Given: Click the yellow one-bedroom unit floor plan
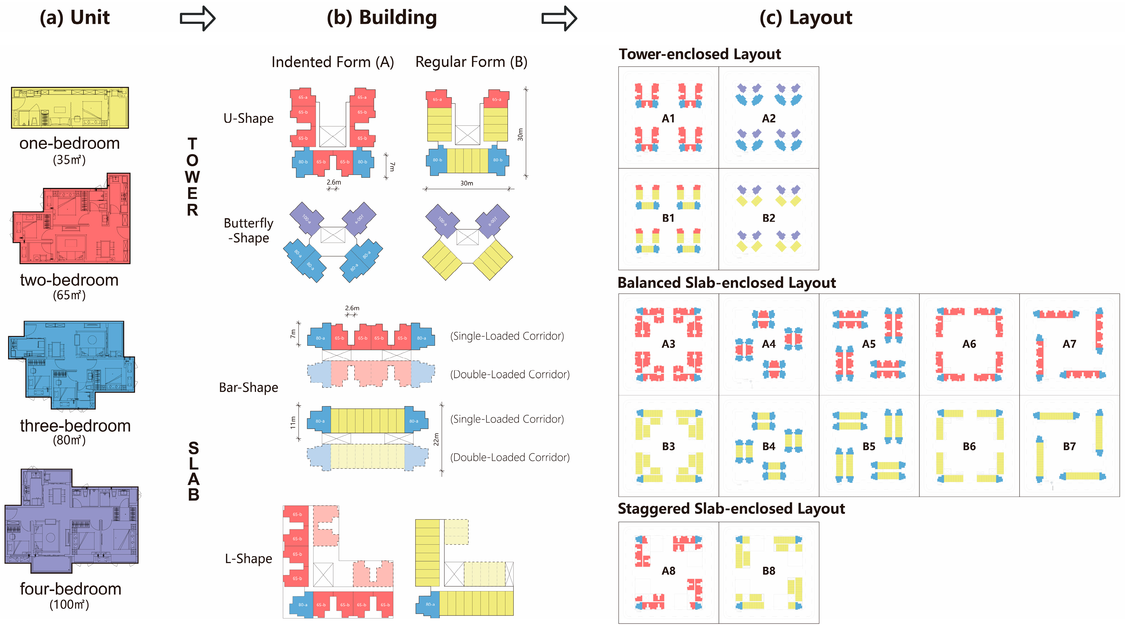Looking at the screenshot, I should tap(70, 107).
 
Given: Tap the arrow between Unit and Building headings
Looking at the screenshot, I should tap(197, 18).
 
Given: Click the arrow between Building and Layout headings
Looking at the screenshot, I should tap(559, 18).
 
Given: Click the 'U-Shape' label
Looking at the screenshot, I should tap(249, 118).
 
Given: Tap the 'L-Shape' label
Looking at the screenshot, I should tap(249, 559).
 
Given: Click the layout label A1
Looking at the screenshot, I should tap(668, 118).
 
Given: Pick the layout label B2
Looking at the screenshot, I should tap(769, 218).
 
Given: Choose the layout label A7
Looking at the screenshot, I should tap(1069, 344).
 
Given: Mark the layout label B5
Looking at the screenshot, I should tap(869, 446).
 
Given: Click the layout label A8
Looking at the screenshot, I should tap(668, 571).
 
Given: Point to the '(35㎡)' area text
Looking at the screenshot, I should tap(69, 160).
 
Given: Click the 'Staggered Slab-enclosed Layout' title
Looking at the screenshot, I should tap(731, 509).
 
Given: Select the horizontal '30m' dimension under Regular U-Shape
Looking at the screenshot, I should tap(466, 183).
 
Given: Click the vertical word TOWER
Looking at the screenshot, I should tap(192, 177).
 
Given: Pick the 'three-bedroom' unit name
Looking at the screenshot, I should tap(75, 426).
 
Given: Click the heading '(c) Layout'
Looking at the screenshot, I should tap(806, 18).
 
